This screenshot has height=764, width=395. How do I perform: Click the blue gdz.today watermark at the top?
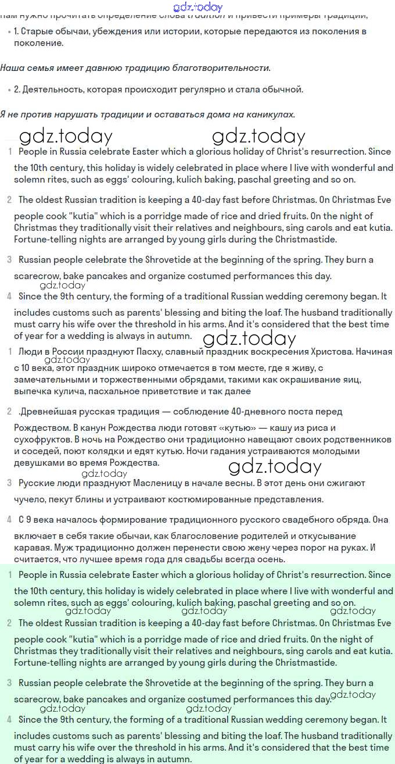[198, 8]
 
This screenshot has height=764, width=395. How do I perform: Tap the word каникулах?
[273, 115]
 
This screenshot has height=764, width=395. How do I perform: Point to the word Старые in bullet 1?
[37, 31]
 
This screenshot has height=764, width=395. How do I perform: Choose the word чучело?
[29, 499]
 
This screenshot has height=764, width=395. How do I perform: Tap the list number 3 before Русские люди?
[9, 483]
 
